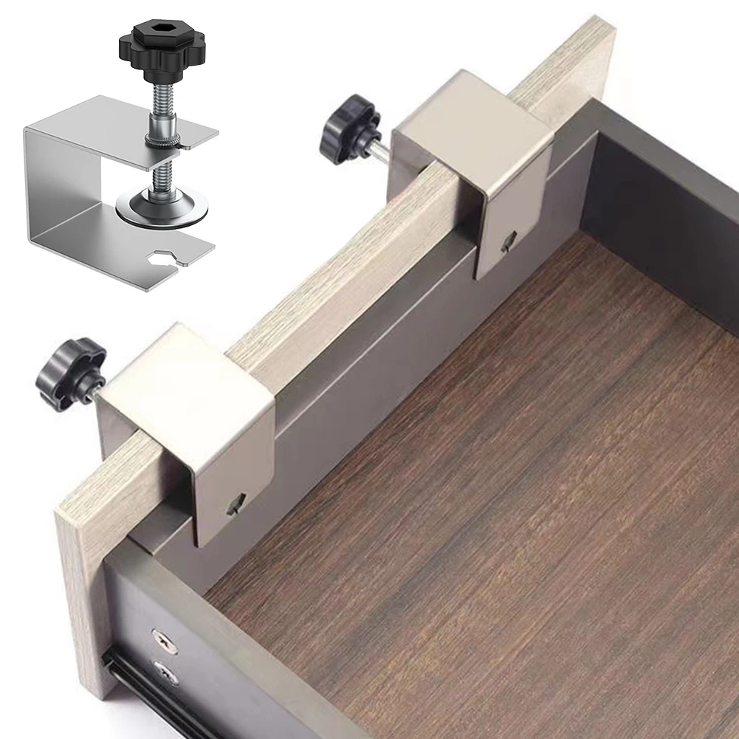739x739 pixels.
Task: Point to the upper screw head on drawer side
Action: pos(164,641)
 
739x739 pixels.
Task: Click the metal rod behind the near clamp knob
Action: pos(96,388)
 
